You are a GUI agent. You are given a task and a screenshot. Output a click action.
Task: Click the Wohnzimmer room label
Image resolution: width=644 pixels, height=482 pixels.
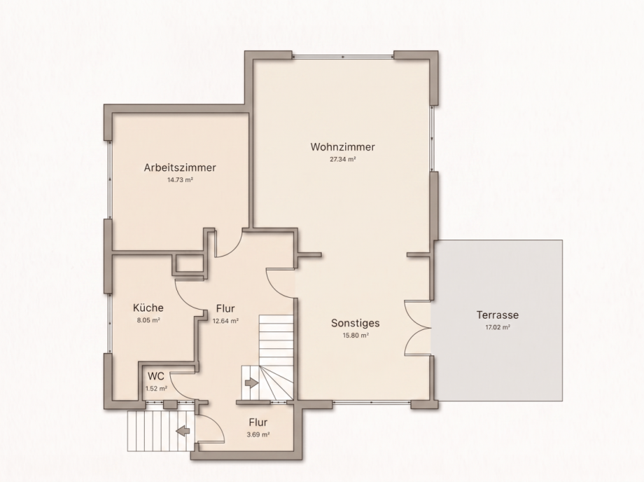pos(342,146)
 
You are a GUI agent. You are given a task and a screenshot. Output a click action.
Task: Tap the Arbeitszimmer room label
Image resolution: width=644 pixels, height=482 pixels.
pos(180,167)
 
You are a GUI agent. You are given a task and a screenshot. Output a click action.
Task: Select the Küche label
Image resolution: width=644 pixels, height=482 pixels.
pos(148,308)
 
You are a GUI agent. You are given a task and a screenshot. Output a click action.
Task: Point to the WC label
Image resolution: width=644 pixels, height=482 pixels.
pos(156,376)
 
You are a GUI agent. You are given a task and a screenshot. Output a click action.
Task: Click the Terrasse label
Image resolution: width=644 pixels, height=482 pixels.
pos(498,315)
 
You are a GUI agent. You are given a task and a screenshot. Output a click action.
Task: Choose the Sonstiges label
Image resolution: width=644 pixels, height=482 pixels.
pos(356,323)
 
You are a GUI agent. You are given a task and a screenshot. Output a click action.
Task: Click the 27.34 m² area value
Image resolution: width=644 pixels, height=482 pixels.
pos(342,160)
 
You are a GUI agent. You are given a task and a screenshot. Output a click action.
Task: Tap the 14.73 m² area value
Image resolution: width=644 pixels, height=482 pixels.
pos(180,180)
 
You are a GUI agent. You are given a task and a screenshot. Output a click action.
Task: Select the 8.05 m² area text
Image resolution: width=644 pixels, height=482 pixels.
pos(148,320)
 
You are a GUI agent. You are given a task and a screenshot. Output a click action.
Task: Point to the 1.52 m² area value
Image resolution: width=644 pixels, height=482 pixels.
pos(156,388)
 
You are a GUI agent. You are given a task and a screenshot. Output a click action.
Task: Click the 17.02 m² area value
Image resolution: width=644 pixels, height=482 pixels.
pos(498,327)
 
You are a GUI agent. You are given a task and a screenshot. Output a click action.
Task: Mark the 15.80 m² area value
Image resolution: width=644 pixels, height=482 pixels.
pos(356,336)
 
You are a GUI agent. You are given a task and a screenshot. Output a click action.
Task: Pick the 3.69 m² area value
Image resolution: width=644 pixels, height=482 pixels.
pos(258,434)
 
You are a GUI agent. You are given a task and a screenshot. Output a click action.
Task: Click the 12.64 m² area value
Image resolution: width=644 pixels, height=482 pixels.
pos(225,321)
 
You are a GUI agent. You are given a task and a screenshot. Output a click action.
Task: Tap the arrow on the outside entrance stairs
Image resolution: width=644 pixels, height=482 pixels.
pos(183,431)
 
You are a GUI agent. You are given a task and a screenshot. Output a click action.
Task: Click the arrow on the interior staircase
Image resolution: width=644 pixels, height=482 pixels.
pos(251,383)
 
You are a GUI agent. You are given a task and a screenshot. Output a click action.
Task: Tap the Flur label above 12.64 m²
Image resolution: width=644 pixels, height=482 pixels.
pos(225,308)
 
